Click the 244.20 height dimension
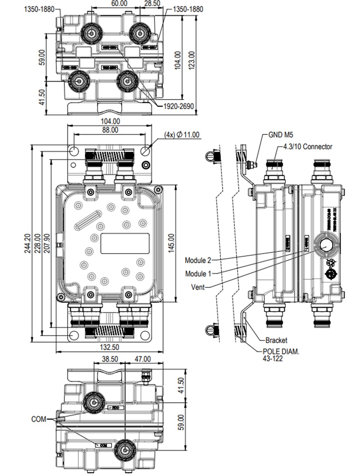click(x=27, y=243)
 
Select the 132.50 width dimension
click(x=109, y=347)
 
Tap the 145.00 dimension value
click(x=172, y=243)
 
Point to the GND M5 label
click(x=280, y=135)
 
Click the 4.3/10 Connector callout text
click(x=307, y=147)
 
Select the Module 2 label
click(x=198, y=260)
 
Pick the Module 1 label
click(x=198, y=273)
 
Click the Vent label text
click(x=198, y=287)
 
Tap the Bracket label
click(x=276, y=340)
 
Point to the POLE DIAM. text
click(x=281, y=351)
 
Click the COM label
click(x=39, y=419)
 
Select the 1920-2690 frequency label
click(x=179, y=106)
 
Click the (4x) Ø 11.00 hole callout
click(x=182, y=135)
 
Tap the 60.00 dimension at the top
click(x=119, y=4)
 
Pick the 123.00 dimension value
click(x=192, y=60)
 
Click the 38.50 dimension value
click(x=110, y=359)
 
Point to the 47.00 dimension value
click(x=143, y=359)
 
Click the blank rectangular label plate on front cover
click(x=125, y=243)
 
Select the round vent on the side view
click(x=326, y=245)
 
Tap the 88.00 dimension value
click(x=110, y=130)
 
